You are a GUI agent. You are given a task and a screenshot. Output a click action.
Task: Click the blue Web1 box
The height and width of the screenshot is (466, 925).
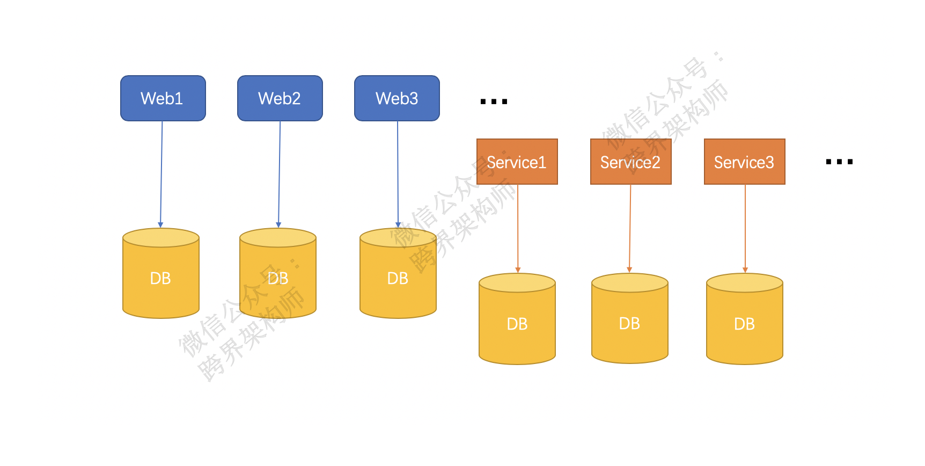[163, 98]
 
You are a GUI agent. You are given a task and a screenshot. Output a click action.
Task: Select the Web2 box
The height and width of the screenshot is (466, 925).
[280, 98]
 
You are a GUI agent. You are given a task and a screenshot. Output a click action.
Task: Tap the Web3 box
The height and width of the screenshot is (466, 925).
[397, 98]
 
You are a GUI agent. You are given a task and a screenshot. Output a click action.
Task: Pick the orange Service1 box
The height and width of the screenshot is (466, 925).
[517, 162]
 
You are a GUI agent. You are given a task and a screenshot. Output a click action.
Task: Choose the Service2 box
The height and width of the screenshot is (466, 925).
[630, 162]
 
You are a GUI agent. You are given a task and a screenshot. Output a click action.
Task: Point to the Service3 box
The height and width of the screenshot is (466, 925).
[744, 162]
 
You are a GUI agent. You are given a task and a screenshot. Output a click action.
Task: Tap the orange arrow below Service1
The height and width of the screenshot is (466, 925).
[517, 228]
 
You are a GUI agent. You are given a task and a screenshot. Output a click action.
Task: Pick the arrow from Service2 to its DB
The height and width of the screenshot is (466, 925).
[630, 228]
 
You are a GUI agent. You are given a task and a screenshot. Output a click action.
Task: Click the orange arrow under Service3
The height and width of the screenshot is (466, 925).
[745, 228]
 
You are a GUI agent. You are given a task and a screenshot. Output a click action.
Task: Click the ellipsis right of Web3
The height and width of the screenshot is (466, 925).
[494, 101]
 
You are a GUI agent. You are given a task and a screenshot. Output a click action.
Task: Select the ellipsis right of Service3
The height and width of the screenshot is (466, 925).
[839, 161]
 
